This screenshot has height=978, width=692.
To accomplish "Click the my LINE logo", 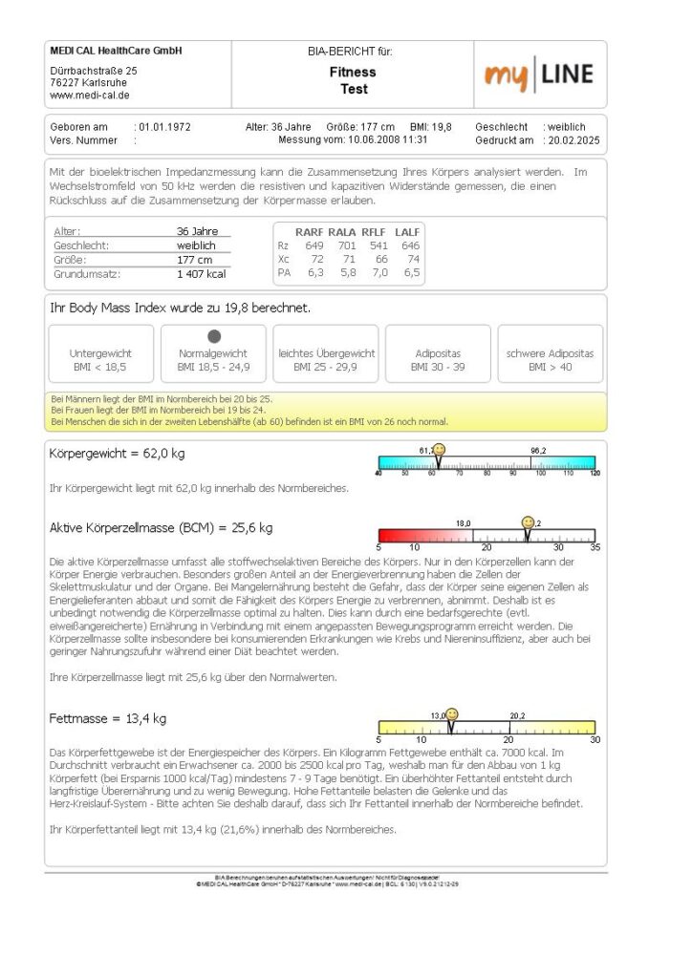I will pos(538,74).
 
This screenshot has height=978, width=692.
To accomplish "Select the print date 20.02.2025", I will pos(573,139).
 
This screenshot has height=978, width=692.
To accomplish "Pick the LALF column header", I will pos(409,231).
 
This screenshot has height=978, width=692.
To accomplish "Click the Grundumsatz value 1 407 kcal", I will pos(201,273).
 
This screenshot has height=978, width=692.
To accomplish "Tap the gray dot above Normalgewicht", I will pos(214,336).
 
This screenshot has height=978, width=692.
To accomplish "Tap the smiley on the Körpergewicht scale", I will pos(439,449).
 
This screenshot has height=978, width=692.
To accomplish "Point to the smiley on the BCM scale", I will pos(527,522).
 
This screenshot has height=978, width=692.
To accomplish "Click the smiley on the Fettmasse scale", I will pos(452,714).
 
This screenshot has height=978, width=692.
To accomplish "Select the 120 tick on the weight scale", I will pos(594,473).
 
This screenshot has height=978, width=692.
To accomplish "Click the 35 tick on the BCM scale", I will pos(594,547).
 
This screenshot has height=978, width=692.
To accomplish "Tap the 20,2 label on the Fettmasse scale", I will pos(516,714).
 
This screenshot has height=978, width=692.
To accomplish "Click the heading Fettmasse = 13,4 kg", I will pos(108,718).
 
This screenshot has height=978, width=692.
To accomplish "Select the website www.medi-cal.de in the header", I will pos(90,96).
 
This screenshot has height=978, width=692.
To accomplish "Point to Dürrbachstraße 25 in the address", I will pos(94,71).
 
